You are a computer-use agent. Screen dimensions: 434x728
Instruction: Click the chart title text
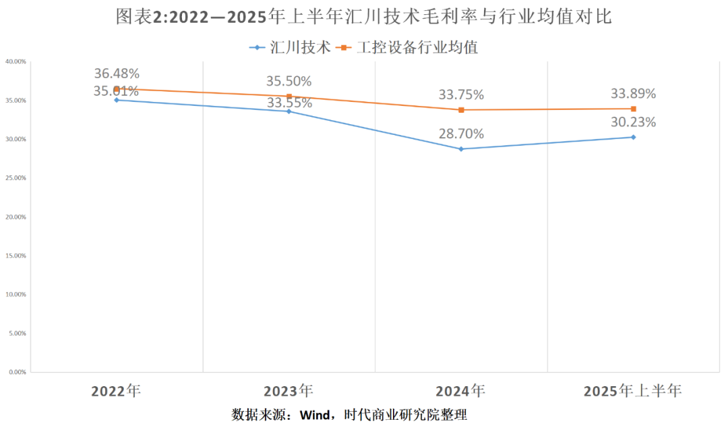pyautogui.click(x=364, y=17)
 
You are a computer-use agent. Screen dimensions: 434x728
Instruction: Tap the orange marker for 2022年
pyautogui.click(x=117, y=88)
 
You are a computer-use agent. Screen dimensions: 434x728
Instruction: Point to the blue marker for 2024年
pyautogui.click(x=461, y=148)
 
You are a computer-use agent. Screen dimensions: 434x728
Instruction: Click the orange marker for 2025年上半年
pyautogui.click(x=634, y=109)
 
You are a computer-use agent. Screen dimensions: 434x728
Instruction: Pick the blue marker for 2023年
pyautogui.click(x=289, y=111)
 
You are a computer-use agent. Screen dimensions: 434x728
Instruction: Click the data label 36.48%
pyautogui.click(x=117, y=74)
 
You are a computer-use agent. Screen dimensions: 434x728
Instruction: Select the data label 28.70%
pyautogui.click(x=461, y=134)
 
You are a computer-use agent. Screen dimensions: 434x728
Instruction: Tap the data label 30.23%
pyautogui.click(x=633, y=122)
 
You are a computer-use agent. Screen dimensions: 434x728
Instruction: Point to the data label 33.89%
pyautogui.click(x=633, y=94)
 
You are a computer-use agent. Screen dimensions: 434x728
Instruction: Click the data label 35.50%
pyautogui.click(x=289, y=81)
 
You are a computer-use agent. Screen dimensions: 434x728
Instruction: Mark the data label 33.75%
pyautogui.click(x=461, y=95)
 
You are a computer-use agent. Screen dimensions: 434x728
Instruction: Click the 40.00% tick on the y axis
pyautogui.click(x=16, y=61)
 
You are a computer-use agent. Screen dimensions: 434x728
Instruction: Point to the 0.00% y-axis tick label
pyautogui.click(x=17, y=372)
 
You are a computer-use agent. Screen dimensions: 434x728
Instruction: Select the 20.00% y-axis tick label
pyautogui.click(x=16, y=217)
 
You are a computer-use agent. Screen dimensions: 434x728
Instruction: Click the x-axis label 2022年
pyautogui.click(x=116, y=391)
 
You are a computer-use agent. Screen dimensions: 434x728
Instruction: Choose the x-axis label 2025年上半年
pyautogui.click(x=632, y=391)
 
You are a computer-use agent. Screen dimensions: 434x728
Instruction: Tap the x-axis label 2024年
pyautogui.click(x=460, y=391)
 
